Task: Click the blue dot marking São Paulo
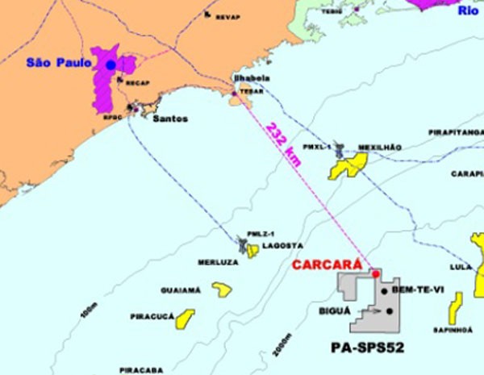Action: [111, 65]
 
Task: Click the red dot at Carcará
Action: [375, 274]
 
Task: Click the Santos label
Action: [169, 119]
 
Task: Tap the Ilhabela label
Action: [251, 78]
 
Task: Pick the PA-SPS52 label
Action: [367, 348]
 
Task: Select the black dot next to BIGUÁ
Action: [390, 310]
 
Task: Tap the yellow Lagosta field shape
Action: [252, 251]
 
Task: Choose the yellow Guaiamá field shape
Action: [222, 289]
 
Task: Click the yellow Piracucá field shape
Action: [185, 319]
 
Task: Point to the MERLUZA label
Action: [217, 263]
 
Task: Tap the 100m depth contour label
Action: [90, 319]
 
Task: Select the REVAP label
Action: [227, 16]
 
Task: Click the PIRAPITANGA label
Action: [456, 131]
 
